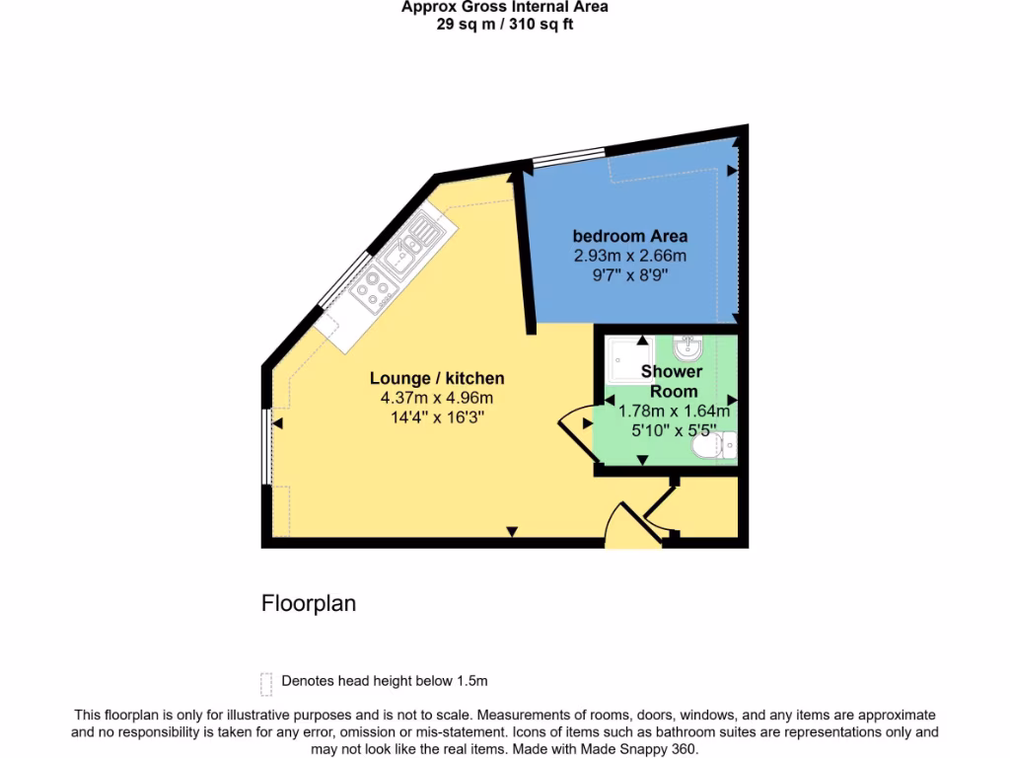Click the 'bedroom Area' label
click(x=630, y=236)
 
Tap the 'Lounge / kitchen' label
click(x=437, y=378)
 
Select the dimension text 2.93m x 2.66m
click(x=630, y=256)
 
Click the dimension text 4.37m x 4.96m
click(x=437, y=398)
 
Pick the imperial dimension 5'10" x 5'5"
click(x=674, y=430)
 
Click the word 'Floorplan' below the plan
click(x=309, y=603)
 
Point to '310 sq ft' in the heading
click(x=540, y=25)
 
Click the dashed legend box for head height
click(x=265, y=683)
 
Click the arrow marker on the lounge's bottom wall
click(x=511, y=533)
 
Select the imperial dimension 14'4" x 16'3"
click(x=437, y=417)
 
